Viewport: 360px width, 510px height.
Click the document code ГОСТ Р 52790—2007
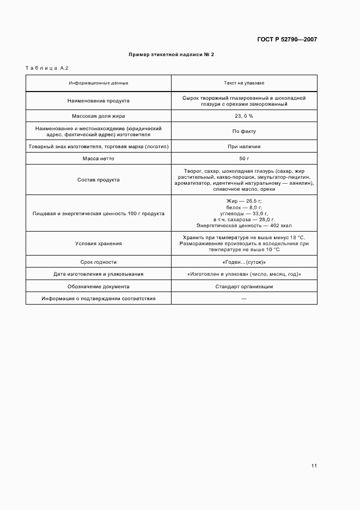coord(286,39)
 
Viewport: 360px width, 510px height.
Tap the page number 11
coord(314,466)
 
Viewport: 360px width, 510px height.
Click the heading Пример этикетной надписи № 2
coord(172,54)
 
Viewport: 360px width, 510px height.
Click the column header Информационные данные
coord(99,83)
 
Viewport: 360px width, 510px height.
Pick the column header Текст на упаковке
coord(244,83)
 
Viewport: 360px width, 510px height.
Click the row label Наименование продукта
coord(99,101)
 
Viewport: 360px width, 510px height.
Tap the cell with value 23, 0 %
coord(244,116)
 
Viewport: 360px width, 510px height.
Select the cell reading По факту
coord(244,131)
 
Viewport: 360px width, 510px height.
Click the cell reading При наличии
coord(244,147)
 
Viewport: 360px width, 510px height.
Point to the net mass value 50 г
coord(244,159)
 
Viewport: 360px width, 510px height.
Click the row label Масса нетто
coord(99,159)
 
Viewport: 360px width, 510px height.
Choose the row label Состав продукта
coord(99,179)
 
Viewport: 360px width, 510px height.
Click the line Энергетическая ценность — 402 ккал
coord(244,225)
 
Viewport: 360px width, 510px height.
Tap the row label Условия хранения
coord(99,244)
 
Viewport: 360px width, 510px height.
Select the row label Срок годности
coord(99,262)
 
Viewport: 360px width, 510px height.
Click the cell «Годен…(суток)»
coord(244,262)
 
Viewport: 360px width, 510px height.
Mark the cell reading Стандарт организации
coord(244,287)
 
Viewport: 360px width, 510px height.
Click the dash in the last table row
coord(244,299)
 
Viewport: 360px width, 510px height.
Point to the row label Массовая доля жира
coord(99,116)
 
